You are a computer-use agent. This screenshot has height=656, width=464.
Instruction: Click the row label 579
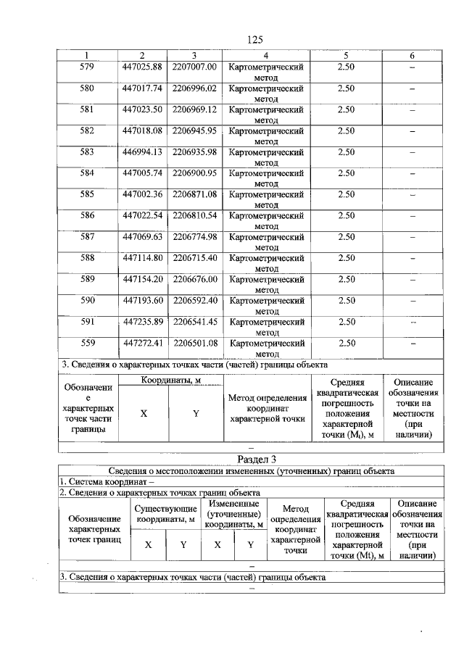pyautogui.click(x=87, y=67)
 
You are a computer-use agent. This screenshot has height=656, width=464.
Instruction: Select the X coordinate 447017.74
pyautogui.click(x=141, y=88)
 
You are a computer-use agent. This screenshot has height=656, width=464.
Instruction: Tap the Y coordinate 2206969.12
pyautogui.click(x=194, y=109)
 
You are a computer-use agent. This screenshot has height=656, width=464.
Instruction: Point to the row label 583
pyautogui.click(x=87, y=152)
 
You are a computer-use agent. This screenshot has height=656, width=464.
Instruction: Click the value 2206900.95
pyautogui.click(x=194, y=173)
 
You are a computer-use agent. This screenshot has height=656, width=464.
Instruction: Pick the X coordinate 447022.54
pyautogui.click(x=141, y=215)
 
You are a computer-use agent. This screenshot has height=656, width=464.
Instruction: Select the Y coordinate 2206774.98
pyautogui.click(x=194, y=236)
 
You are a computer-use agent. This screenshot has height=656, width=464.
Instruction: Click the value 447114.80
pyautogui.click(x=141, y=257)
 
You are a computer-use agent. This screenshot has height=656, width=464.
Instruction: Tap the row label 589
pyautogui.click(x=87, y=279)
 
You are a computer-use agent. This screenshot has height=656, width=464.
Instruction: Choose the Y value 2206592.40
pyautogui.click(x=194, y=300)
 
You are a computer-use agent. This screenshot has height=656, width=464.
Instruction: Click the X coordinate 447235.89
pyautogui.click(x=141, y=321)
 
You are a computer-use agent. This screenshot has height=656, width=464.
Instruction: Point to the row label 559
pyautogui.click(x=87, y=342)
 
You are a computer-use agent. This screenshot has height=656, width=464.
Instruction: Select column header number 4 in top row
pyautogui.click(x=266, y=56)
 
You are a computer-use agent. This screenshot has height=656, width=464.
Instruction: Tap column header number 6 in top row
pyautogui.click(x=411, y=56)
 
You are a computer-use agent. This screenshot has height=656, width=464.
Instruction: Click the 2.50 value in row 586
pyautogui.click(x=346, y=215)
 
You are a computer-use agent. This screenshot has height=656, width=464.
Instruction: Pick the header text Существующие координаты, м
pyautogui.click(x=165, y=513)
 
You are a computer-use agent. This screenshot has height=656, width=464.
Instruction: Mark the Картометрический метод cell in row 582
pyautogui.click(x=266, y=136)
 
